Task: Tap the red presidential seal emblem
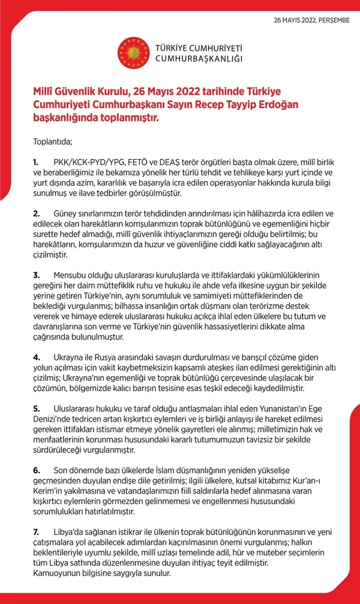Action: (132, 52)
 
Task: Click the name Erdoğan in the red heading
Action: (292, 105)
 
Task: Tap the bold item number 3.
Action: (36, 275)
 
